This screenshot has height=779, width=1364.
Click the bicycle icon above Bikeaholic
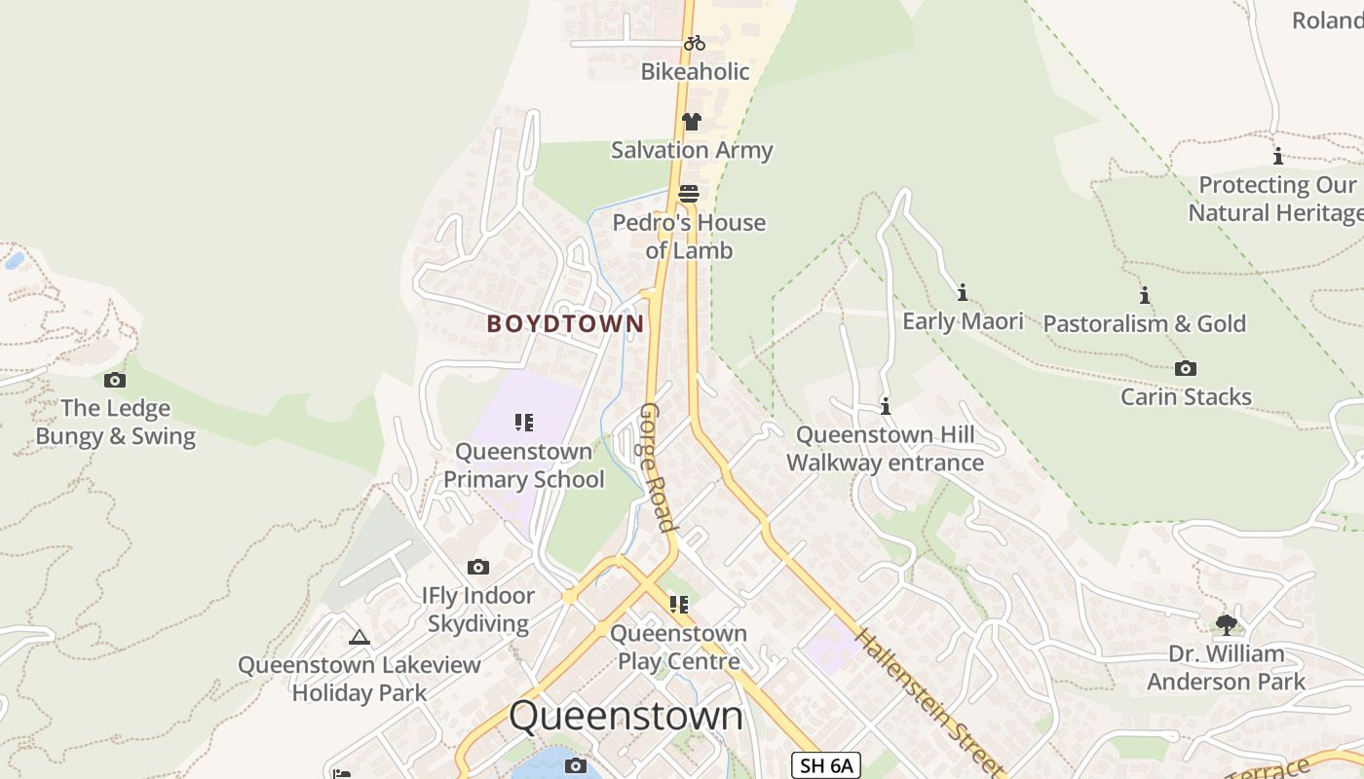694,43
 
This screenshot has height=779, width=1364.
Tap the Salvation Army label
692,150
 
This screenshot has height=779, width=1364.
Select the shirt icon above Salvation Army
691,122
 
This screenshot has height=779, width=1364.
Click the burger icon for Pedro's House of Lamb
689,194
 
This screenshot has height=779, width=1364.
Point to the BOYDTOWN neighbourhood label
565,323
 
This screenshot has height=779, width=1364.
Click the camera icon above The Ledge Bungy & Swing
115,380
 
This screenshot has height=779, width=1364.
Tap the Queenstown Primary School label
524,465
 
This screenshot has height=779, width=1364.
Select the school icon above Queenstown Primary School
524,423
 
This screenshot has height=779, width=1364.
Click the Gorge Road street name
655,467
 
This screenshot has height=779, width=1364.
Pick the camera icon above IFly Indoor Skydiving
478,567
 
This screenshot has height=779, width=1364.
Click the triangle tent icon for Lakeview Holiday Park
360,638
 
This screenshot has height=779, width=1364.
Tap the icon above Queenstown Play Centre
679,605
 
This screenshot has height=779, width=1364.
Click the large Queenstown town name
625,716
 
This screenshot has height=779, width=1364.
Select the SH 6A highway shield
825,765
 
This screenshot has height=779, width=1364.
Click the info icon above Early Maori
963,292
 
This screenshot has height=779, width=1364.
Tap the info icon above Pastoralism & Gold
1144,295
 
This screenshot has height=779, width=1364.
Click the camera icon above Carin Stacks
1186,368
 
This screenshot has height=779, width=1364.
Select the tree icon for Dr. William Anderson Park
1226,624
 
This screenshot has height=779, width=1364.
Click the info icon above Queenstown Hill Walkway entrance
885,406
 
